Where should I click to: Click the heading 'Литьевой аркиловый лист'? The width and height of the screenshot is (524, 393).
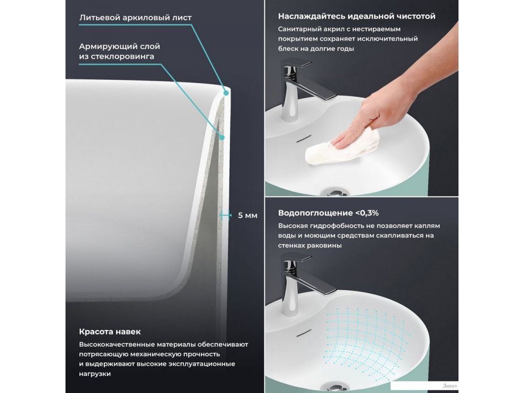[135, 17]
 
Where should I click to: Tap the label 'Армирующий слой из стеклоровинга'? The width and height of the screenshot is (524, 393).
[119, 51]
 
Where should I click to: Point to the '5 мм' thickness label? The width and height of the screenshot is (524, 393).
[248, 215]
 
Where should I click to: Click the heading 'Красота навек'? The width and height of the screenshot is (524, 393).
[110, 332]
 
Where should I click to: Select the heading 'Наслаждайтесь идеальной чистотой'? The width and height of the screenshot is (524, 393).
[357, 16]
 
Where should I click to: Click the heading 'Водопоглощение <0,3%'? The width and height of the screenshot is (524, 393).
[328, 213]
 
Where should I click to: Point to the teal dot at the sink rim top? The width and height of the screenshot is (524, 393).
[226, 93]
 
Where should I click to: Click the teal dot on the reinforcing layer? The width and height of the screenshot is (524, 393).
[222, 137]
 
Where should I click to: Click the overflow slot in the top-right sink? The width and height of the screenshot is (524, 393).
[304, 138]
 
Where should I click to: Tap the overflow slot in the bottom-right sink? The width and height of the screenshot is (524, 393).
[304, 333]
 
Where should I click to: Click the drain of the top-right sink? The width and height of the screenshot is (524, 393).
[335, 192]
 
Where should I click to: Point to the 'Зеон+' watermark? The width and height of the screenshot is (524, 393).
[450, 386]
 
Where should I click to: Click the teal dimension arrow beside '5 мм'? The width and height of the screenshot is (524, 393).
[225, 215]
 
